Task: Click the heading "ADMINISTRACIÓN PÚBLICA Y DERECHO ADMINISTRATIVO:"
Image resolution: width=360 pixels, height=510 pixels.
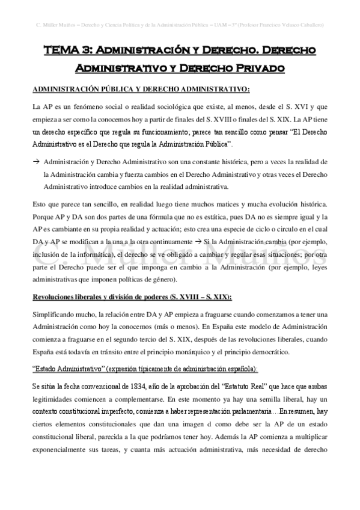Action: click(141, 90)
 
